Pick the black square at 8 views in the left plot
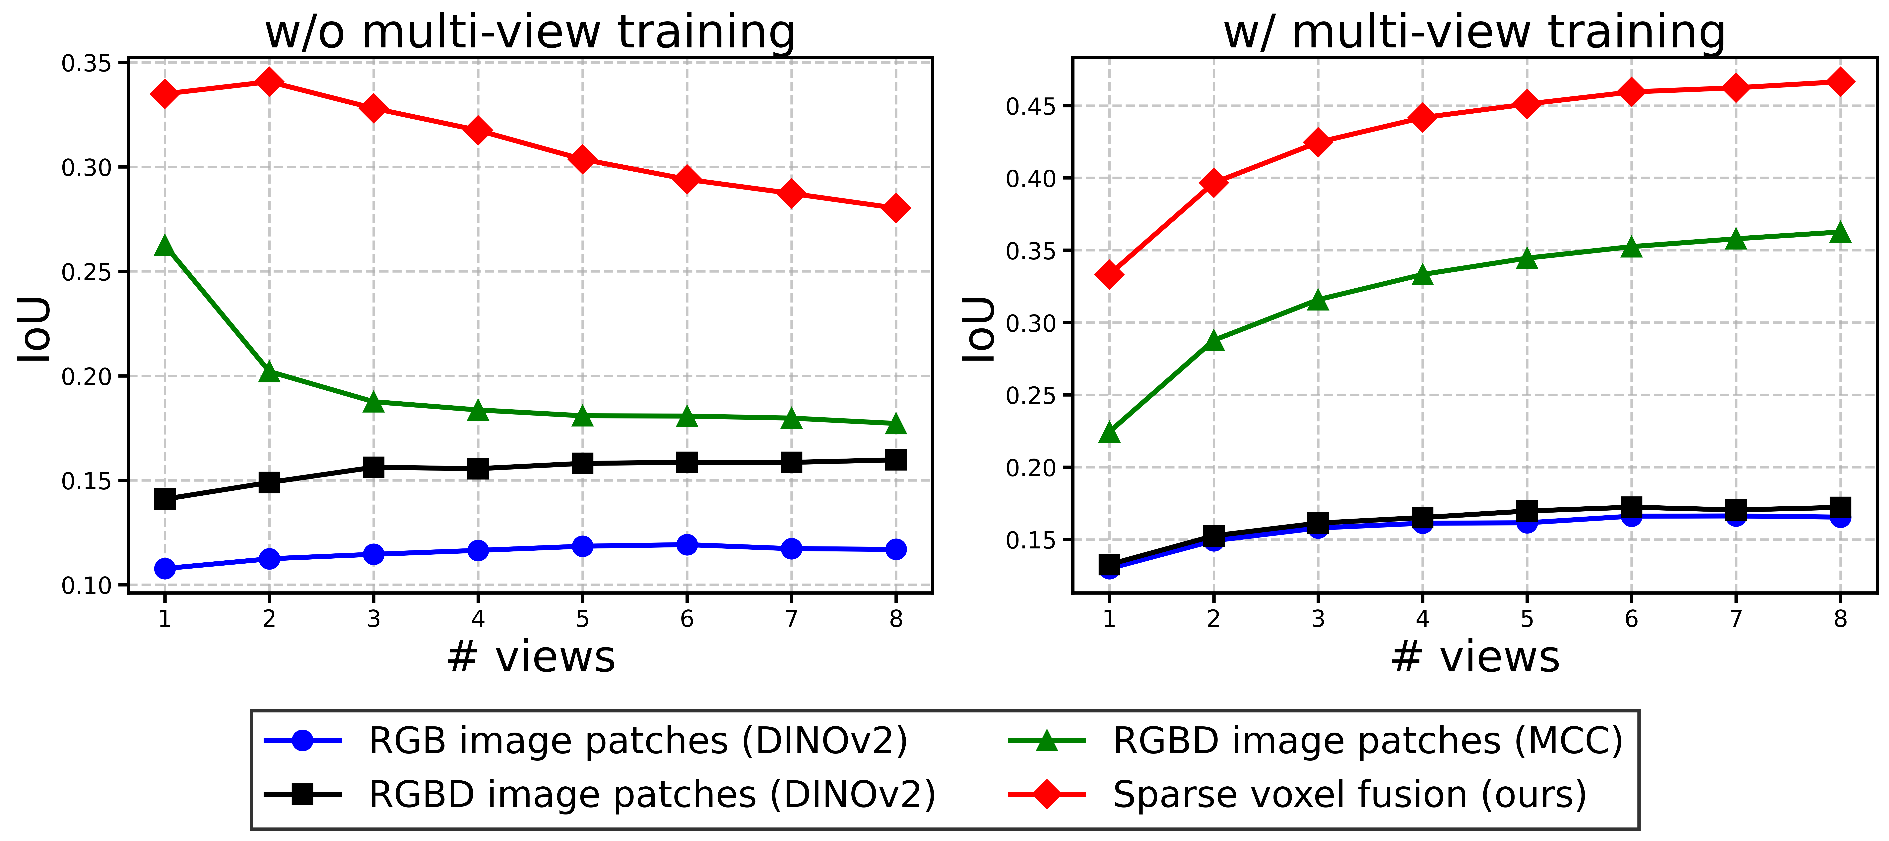coord(895,460)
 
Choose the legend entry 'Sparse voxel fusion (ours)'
coord(1349,795)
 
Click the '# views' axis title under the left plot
coord(530,657)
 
